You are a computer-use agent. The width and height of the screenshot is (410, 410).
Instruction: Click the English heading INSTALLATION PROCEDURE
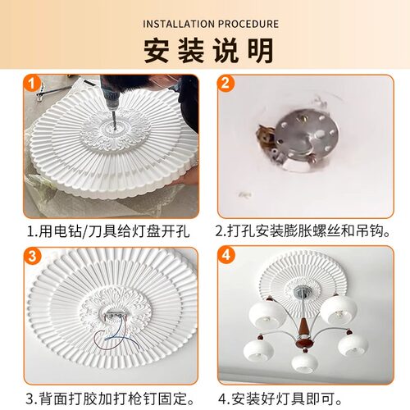tap(204, 23)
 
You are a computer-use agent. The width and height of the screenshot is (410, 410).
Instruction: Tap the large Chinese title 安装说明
tap(205, 50)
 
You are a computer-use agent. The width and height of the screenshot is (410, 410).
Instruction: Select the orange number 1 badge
tap(30, 83)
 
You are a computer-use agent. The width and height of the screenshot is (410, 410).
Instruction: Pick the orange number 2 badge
tap(227, 84)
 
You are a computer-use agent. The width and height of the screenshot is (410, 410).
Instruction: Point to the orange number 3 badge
tap(30, 256)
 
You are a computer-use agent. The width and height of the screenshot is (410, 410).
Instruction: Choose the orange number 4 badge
tap(227, 256)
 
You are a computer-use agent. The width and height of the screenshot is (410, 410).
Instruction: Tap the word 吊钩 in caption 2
tap(376, 231)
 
